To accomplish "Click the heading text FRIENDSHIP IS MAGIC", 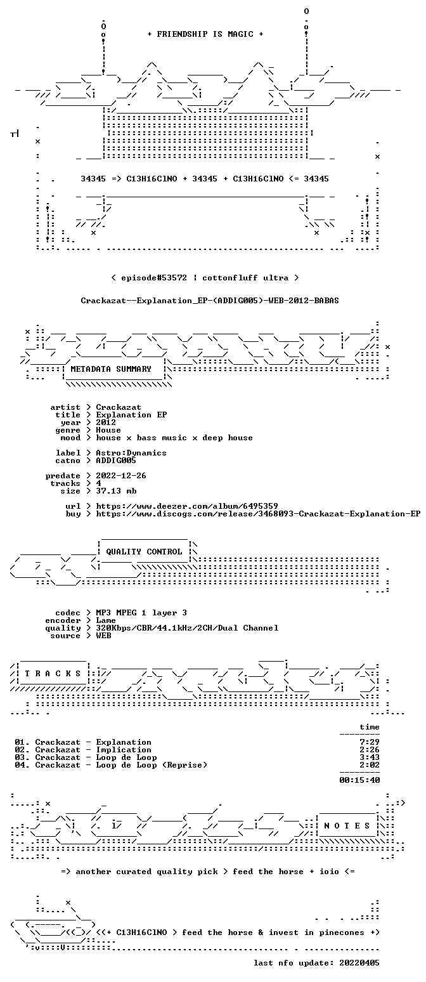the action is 205,34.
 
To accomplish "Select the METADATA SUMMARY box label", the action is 111,369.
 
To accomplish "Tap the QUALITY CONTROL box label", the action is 144,552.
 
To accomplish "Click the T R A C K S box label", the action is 53,673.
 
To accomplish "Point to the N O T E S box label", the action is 347,825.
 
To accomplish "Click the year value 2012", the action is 106,422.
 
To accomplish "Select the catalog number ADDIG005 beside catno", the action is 116,461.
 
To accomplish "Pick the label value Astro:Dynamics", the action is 131,453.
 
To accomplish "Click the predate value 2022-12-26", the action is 121,476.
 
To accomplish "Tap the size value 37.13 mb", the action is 116,491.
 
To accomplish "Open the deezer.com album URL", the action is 187,506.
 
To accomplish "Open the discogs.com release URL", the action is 258,514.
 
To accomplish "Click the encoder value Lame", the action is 106,620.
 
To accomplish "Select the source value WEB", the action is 103,636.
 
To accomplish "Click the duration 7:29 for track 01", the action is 370,742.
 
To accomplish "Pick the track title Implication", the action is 124,750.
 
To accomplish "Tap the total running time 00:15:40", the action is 359,780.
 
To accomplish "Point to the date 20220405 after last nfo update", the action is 359,963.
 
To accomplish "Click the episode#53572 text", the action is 154,278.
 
